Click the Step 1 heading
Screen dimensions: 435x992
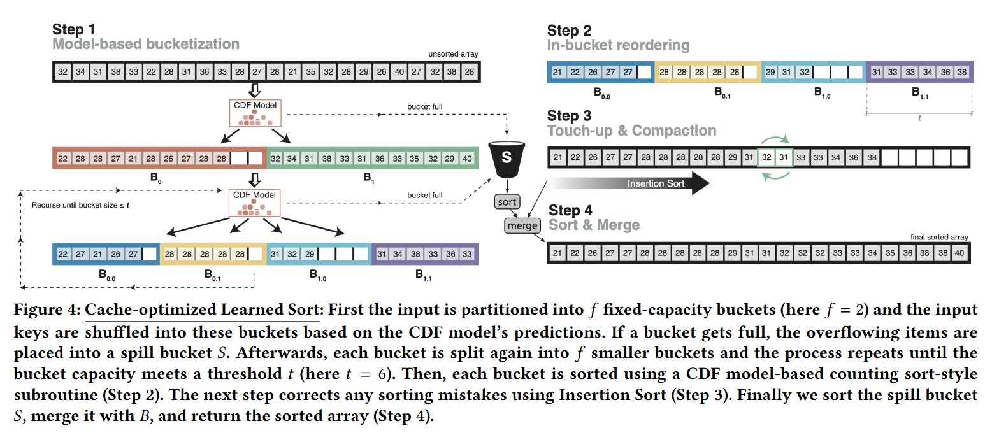73,30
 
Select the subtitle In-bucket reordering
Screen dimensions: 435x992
617,45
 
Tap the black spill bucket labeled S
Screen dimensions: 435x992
507,155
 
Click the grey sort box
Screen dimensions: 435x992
507,202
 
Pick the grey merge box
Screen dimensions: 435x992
522,225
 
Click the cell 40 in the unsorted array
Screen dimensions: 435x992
399,72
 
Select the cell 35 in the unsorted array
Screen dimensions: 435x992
311,72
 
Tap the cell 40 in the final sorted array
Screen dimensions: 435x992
960,253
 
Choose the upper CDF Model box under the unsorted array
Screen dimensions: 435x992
255,112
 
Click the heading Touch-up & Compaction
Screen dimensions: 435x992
631,131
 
